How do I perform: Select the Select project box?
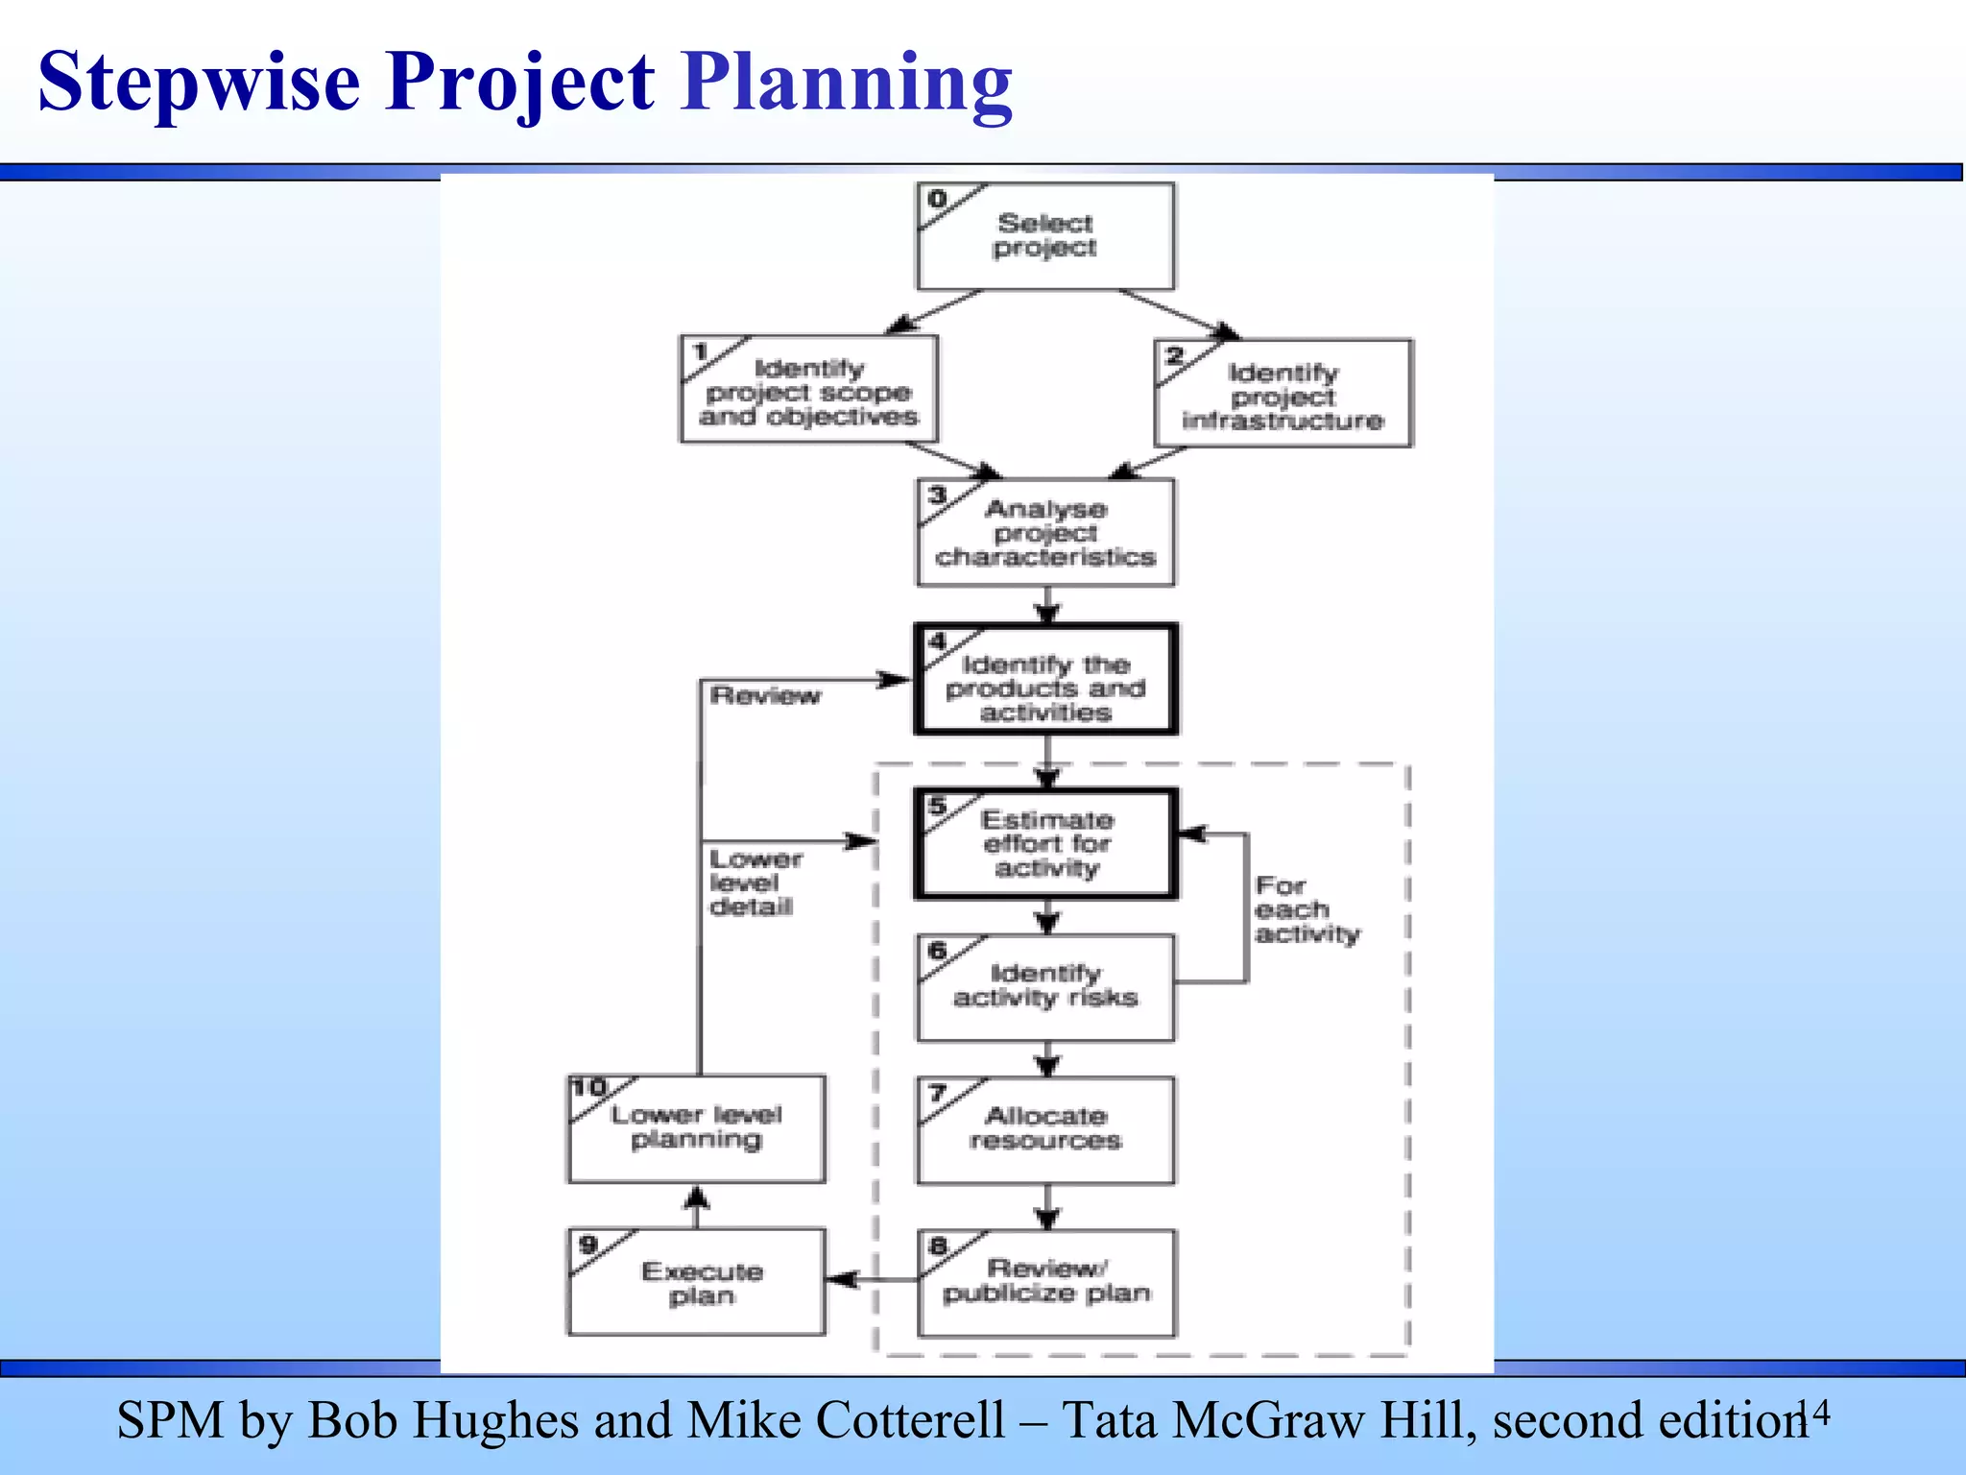point(1045,236)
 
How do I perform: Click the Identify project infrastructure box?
point(1283,395)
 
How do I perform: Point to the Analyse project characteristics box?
point(1045,533)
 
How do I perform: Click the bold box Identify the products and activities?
point(1045,680)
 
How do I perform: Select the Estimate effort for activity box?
point(1045,844)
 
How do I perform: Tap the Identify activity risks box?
point(1045,987)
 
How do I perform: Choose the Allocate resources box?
point(1045,1130)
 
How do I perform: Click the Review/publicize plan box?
point(1045,1283)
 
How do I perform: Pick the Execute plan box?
point(698,1283)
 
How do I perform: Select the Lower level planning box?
point(698,1128)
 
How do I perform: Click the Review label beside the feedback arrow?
point(765,696)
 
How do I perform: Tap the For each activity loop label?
point(1306,910)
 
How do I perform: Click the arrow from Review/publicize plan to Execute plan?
point(872,1279)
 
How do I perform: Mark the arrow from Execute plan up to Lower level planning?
point(697,1206)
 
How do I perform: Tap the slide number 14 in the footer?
point(1813,1415)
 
